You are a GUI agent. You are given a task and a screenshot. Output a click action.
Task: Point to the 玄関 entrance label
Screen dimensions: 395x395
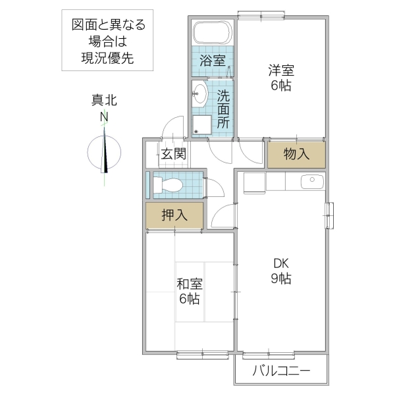(x=173, y=155)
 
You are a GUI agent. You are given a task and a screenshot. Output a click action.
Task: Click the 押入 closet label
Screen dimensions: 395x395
(x=174, y=215)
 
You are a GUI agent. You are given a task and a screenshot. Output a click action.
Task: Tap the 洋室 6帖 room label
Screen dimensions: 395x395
(x=280, y=77)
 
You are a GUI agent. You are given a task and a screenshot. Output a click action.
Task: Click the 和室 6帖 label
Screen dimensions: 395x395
(x=189, y=292)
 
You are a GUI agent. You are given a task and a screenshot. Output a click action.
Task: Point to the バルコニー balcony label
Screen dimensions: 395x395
(x=281, y=372)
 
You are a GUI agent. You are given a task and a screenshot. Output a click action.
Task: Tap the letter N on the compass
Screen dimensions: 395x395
(x=104, y=117)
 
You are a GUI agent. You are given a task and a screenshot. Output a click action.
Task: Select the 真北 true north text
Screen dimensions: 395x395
(x=104, y=101)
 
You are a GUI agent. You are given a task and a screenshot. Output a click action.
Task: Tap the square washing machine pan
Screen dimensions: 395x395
(x=202, y=125)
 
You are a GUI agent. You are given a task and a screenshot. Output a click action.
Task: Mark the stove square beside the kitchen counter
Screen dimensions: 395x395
(x=252, y=182)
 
